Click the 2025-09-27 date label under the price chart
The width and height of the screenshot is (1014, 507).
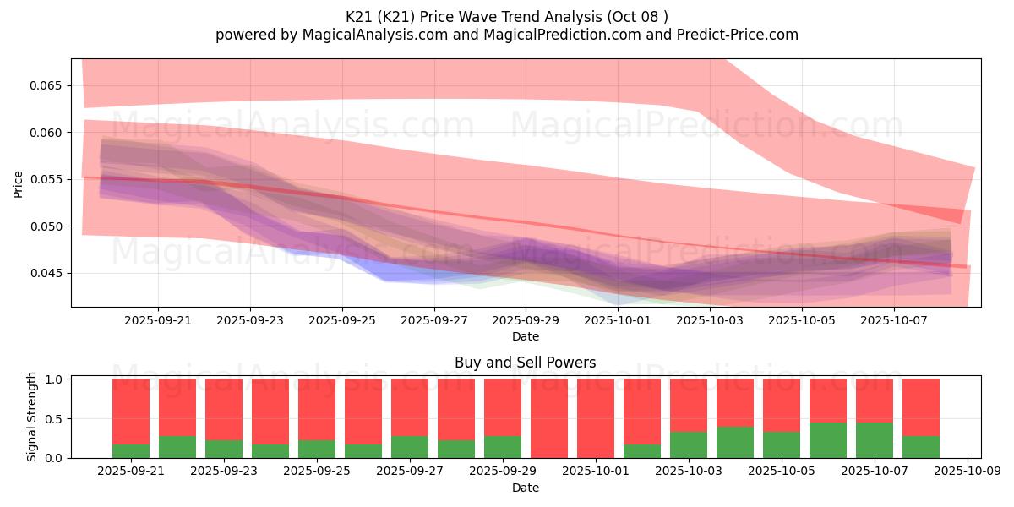point(433,321)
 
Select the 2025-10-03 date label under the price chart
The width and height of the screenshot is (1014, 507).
point(711,321)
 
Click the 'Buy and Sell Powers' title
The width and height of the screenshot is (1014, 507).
point(525,363)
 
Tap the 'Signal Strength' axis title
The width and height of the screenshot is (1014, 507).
point(33,417)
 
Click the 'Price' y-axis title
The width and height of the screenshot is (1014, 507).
point(19,183)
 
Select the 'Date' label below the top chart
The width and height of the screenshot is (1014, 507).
point(525,336)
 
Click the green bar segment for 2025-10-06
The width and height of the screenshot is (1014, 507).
point(828,440)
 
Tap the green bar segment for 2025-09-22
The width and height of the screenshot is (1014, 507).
point(177,447)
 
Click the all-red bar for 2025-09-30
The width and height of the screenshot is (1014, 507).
point(549,418)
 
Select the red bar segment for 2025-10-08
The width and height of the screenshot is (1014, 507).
point(921,407)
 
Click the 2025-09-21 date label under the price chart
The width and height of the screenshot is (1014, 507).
point(157,321)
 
